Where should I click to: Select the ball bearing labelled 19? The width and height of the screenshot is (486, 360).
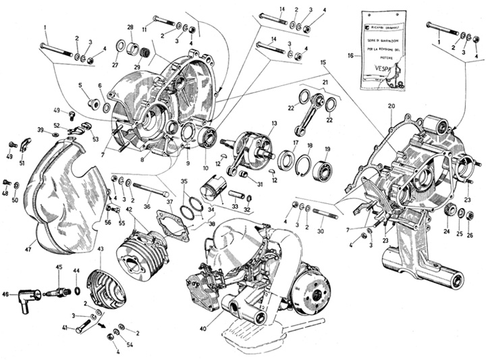pyautogui.click(x=326, y=165)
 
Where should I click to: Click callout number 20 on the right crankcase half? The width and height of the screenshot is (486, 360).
pyautogui.click(x=390, y=107)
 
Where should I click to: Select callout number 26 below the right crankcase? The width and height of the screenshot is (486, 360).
pyautogui.click(x=470, y=235)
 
